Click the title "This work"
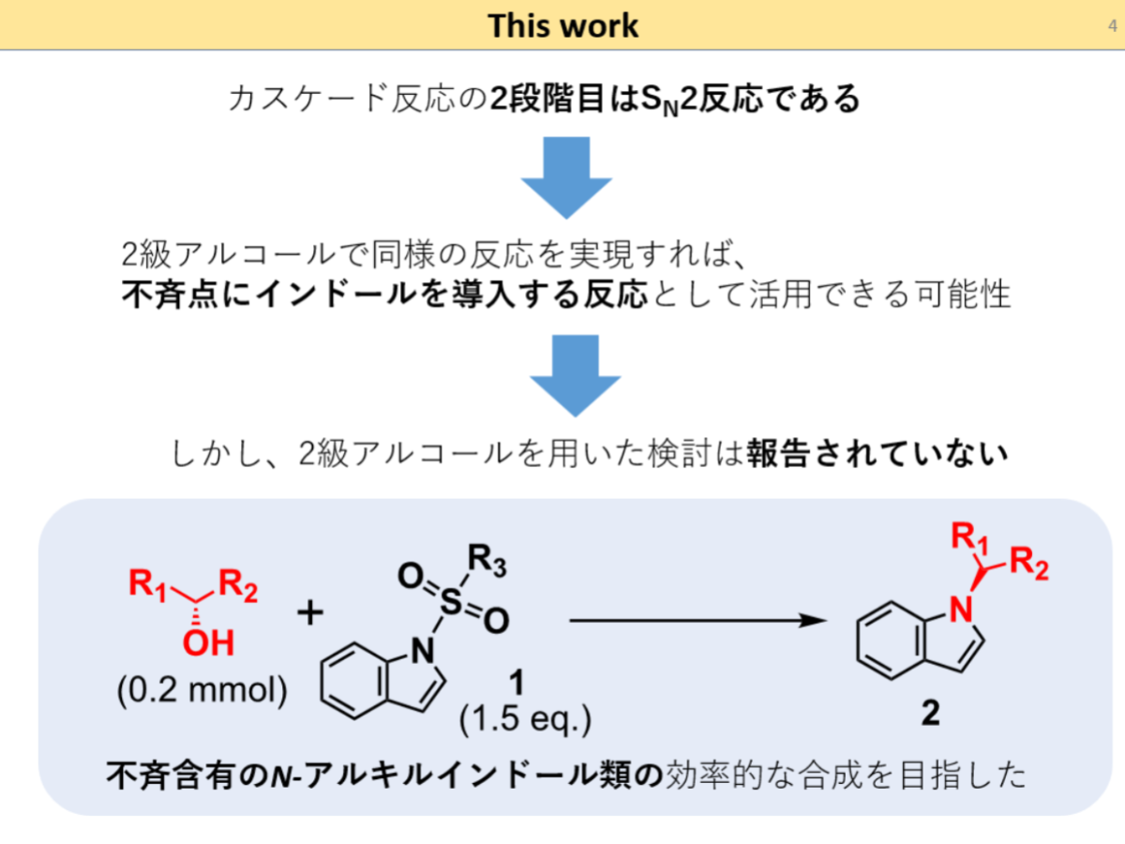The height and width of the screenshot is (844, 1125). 562,25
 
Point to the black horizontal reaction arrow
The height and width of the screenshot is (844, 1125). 690,620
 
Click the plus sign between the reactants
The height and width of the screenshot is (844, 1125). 309,614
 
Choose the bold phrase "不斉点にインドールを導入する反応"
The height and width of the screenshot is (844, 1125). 384,295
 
